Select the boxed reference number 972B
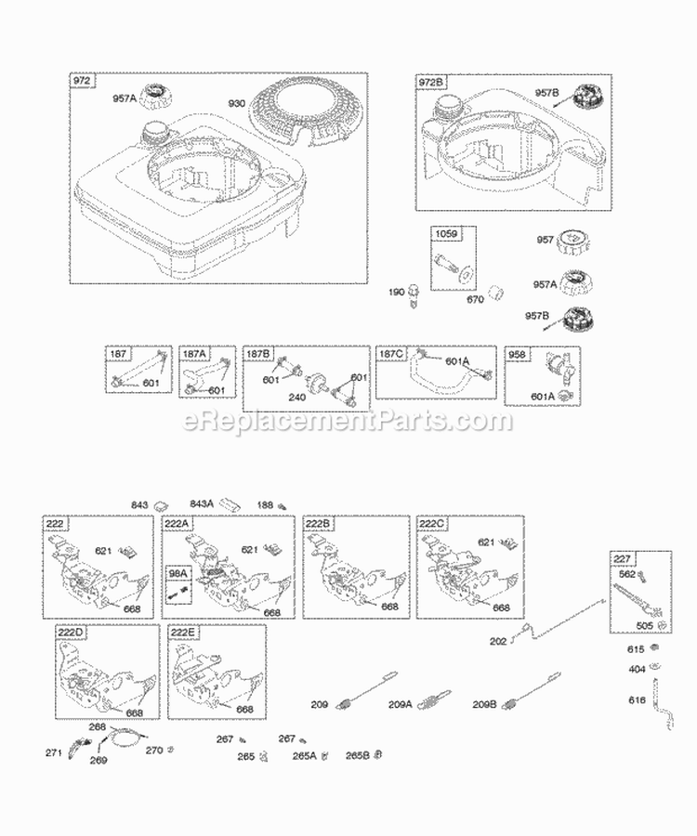[432, 83]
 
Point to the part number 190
[398, 293]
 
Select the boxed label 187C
[391, 354]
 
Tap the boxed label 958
[516, 354]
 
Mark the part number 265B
[356, 756]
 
